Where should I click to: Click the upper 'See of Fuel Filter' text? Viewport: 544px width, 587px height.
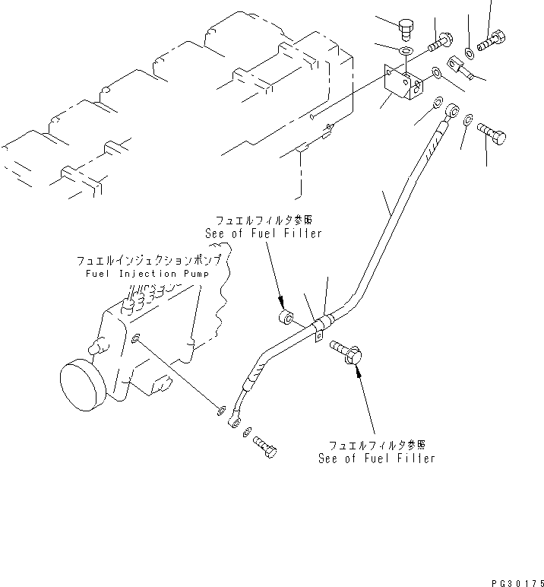[x=263, y=233]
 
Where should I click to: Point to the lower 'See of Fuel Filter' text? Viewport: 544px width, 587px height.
[x=377, y=458]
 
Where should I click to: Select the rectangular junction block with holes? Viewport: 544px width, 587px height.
[x=402, y=85]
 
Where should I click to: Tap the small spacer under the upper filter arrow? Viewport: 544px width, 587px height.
[x=286, y=317]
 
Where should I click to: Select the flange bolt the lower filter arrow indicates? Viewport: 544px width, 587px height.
[x=350, y=351]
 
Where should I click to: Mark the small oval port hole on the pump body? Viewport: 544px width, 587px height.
[x=134, y=339]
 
